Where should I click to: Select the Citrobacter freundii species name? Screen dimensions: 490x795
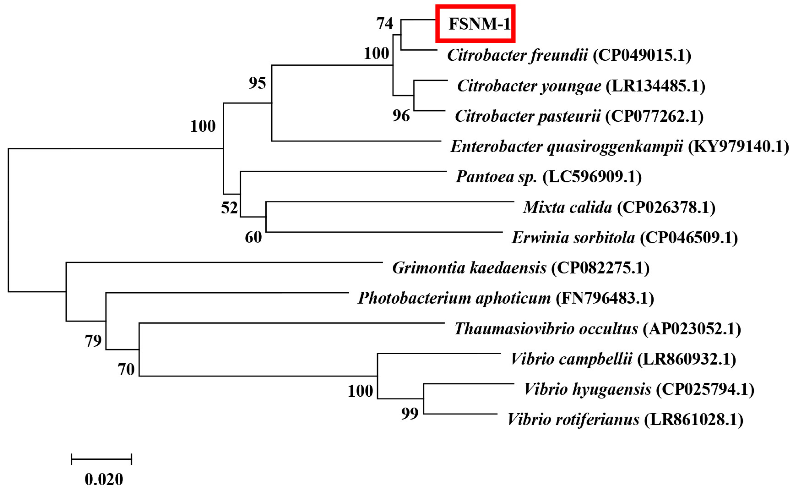(517, 55)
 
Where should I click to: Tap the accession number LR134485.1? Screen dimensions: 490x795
(655, 86)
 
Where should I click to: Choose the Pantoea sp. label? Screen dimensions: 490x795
(496, 177)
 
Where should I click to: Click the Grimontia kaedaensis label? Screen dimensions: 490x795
(469, 268)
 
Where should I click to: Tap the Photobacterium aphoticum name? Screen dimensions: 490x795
(454, 298)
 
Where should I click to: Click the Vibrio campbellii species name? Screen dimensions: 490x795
(571, 359)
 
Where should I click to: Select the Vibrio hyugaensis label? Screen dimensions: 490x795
(587, 389)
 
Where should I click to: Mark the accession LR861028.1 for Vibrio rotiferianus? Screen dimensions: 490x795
(693, 420)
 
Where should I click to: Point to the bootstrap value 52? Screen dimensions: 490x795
(229, 208)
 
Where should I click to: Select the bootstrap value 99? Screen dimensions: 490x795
(410, 413)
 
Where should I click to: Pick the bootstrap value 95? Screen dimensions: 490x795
(258, 83)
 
